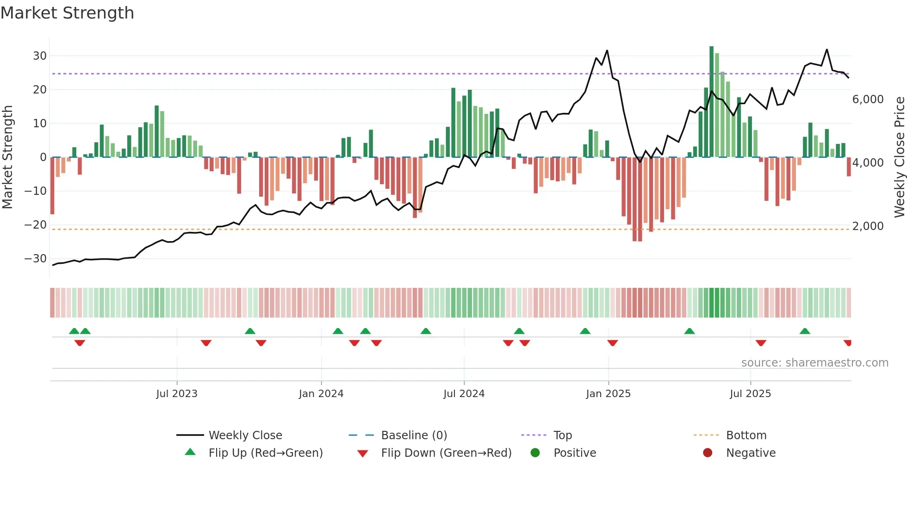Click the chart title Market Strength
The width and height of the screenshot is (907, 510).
(67, 13)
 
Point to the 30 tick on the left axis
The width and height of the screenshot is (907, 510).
(40, 56)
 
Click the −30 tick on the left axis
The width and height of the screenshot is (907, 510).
(36, 259)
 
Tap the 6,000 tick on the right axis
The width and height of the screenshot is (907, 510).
(868, 100)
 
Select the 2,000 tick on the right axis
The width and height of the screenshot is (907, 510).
(868, 226)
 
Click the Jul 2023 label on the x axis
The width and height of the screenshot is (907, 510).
(177, 394)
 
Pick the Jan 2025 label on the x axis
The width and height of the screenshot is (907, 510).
(608, 394)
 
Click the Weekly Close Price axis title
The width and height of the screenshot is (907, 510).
(899, 157)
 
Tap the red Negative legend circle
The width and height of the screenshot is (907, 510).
(708, 453)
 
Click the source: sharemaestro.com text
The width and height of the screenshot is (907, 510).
(814, 363)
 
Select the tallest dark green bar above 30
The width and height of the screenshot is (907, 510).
(712, 102)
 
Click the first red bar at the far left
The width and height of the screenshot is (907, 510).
(52, 185)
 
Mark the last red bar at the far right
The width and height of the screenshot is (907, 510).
(849, 167)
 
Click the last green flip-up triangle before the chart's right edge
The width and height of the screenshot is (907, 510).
(805, 331)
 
